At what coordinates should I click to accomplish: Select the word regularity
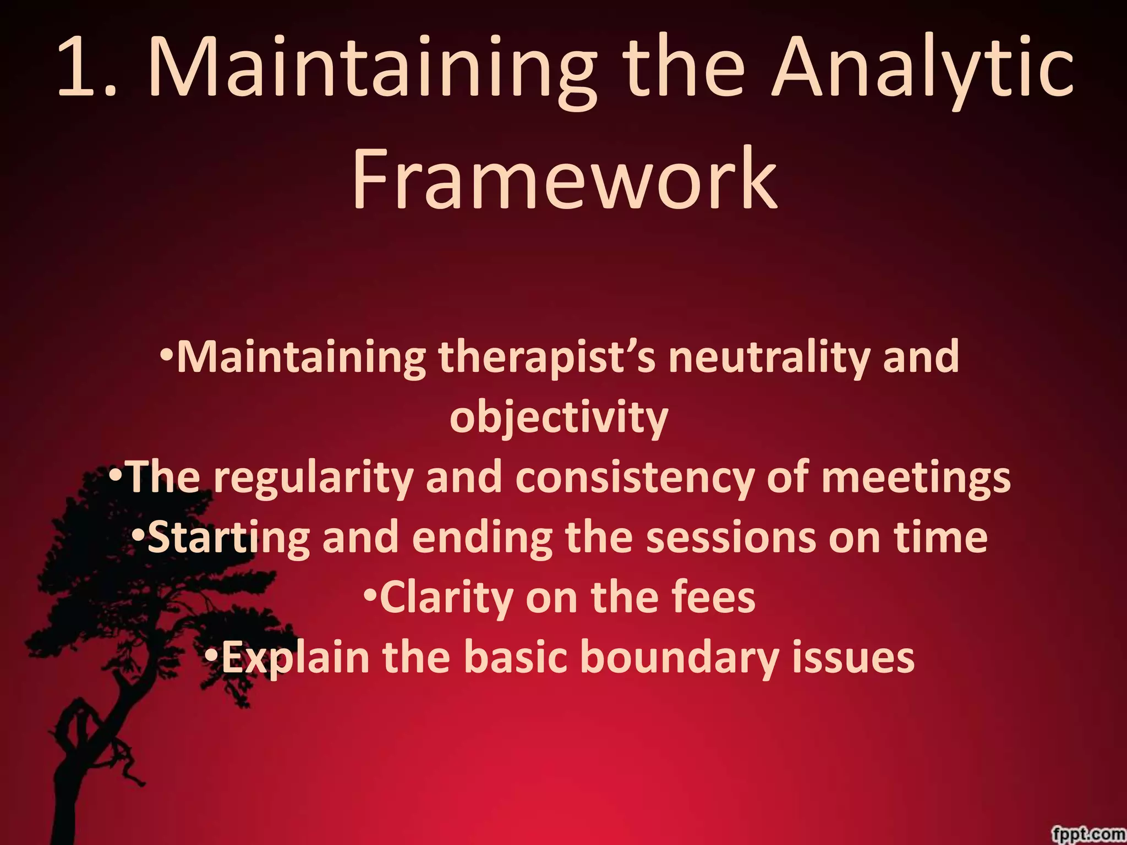coord(313,478)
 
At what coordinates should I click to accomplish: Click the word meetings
coord(916,478)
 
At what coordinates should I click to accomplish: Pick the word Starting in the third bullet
coord(228,538)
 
